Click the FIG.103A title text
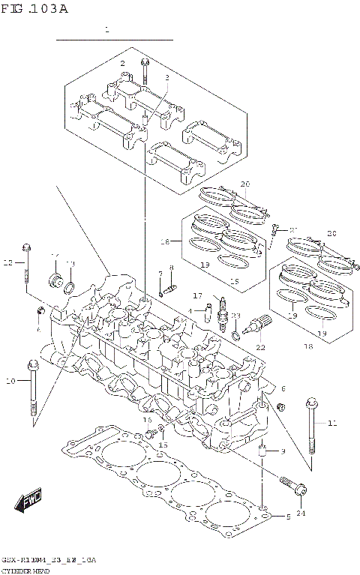(x=34, y=9)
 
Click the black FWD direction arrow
(x=30, y=500)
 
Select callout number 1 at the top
(x=107, y=31)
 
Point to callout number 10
(x=10, y=382)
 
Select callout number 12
(x=8, y=262)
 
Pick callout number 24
(x=301, y=513)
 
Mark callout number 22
(x=260, y=347)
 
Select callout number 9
(x=282, y=451)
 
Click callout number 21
(x=293, y=229)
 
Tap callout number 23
(x=235, y=316)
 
